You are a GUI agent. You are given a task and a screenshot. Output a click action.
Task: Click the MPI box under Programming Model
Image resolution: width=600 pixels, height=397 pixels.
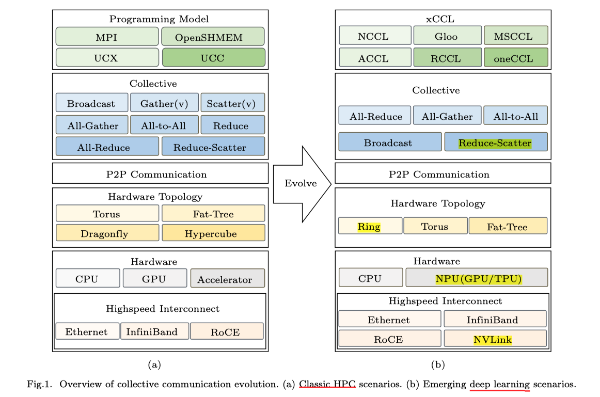click(x=107, y=37)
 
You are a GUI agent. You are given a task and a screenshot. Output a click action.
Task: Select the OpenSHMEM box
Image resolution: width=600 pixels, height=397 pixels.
click(x=213, y=37)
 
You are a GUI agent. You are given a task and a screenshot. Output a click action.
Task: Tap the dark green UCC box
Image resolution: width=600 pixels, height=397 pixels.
click(x=213, y=58)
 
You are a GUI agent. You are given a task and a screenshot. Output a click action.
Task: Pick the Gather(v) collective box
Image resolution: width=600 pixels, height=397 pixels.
click(x=164, y=103)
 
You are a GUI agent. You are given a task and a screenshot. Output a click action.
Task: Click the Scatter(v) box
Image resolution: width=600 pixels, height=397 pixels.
click(x=232, y=103)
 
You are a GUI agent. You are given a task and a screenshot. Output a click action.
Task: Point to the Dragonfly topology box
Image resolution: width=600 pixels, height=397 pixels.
click(x=107, y=233)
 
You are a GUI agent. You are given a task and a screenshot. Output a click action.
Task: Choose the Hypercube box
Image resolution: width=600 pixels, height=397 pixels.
click(x=213, y=233)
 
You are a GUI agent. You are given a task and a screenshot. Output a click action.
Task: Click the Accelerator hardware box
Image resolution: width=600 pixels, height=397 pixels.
click(x=227, y=279)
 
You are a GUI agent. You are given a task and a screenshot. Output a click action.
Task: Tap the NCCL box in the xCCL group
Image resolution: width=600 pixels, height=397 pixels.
click(x=375, y=36)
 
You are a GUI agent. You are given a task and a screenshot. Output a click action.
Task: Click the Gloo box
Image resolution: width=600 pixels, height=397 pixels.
click(x=447, y=36)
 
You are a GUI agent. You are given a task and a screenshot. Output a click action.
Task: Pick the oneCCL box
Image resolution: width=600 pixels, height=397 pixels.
click(x=515, y=58)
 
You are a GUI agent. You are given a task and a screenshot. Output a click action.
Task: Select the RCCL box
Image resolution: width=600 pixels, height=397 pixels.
click(x=447, y=58)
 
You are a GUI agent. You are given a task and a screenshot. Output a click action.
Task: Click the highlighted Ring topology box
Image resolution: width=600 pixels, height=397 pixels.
click(x=370, y=226)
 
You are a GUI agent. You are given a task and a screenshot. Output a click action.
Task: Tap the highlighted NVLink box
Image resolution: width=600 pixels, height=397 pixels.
click(x=495, y=339)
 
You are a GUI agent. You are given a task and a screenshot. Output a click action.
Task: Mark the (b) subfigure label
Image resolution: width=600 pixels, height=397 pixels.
click(x=437, y=365)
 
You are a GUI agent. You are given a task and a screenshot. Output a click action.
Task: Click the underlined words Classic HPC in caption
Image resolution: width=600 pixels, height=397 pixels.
click(x=327, y=384)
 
